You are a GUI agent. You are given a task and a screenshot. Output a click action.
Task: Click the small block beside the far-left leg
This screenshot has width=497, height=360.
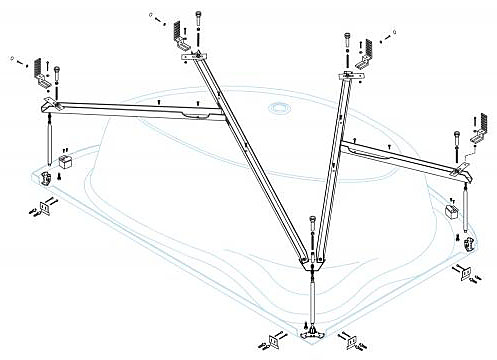(67, 160)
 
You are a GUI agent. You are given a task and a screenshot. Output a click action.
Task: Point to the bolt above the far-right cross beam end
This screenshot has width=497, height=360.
(458, 139)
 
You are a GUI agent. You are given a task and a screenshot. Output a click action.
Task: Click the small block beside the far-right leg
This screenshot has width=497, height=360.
(450, 212)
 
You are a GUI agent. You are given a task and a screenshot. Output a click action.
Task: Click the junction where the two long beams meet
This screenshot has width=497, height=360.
(312, 262)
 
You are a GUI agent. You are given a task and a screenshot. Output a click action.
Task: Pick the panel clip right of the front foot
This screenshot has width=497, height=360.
(351, 342)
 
